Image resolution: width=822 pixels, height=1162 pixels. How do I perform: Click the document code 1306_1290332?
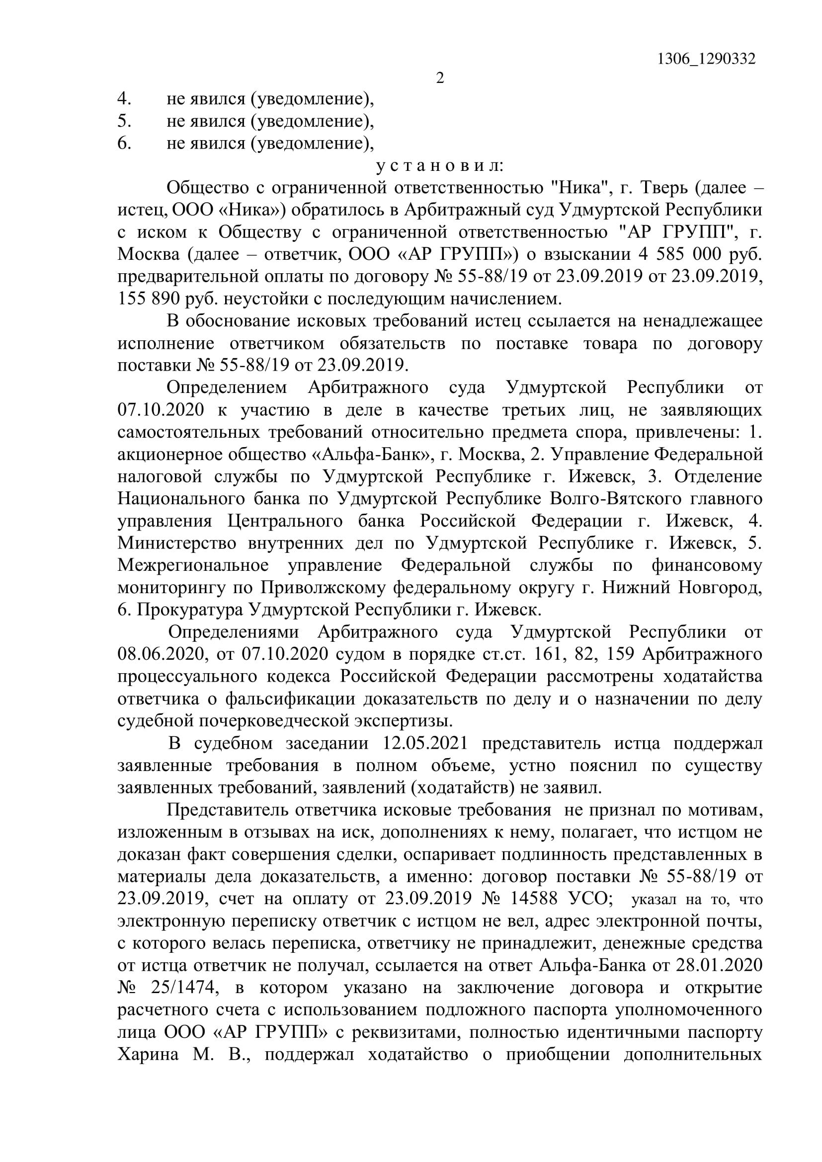pyautogui.click(x=706, y=59)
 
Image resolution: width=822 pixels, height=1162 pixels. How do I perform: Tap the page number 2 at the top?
pyautogui.click(x=440, y=78)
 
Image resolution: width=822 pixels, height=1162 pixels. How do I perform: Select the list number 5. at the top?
pyautogui.click(x=125, y=121)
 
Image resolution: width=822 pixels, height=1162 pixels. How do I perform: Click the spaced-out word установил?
pyautogui.click(x=439, y=165)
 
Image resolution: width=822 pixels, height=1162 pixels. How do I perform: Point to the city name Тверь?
pyautogui.click(x=662, y=188)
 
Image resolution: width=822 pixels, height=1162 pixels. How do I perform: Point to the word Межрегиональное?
pyautogui.click(x=193, y=565)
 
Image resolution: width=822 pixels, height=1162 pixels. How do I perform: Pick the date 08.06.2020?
pyautogui.click(x=161, y=654)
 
